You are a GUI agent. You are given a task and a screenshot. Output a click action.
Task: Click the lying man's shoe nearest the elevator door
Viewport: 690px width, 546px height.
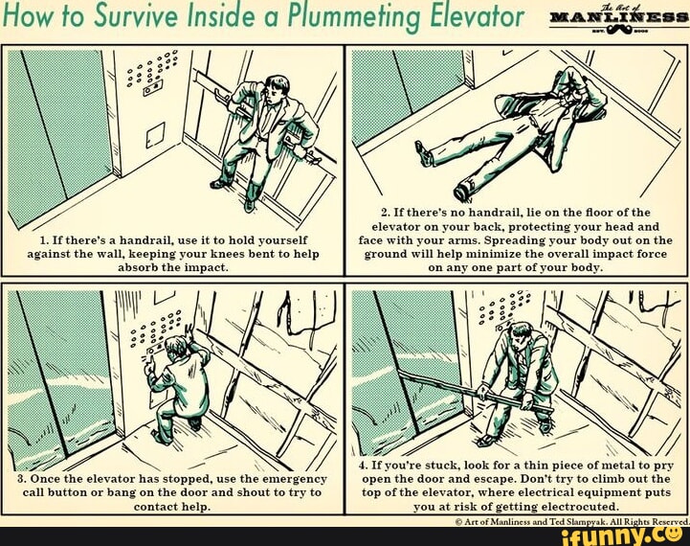[x=422, y=151]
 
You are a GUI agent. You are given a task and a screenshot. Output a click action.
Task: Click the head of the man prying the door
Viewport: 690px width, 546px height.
[x=521, y=334]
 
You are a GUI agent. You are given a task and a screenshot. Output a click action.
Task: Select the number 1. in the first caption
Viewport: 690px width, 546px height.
[x=45, y=239]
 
